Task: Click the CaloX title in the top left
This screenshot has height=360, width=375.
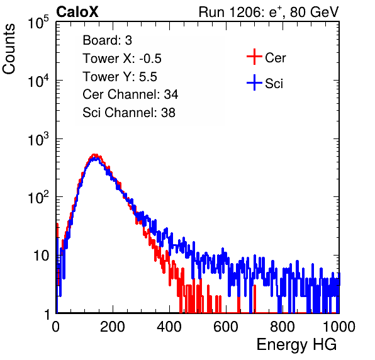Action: pos(77,12)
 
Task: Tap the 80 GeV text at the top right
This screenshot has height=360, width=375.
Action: pos(314,12)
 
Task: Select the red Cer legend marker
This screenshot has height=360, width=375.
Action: pos(254,57)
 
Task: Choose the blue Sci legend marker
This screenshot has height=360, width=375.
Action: pos(254,82)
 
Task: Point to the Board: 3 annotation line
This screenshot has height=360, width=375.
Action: pos(107,40)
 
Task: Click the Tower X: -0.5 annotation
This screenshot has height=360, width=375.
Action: pos(122,59)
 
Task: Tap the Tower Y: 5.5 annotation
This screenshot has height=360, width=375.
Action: pos(120,77)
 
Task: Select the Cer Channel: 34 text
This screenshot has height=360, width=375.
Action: pos(130,94)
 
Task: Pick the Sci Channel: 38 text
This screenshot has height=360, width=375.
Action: pos(129,113)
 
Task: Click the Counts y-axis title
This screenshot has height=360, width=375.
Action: pos(9,48)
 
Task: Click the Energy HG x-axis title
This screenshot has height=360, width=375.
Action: pos(296,345)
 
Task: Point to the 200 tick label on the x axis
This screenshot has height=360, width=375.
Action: pos(113,327)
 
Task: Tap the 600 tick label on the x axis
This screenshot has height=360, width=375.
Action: pos(226,327)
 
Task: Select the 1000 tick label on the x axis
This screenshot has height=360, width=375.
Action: pos(339,327)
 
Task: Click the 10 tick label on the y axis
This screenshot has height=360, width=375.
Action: pos(42,256)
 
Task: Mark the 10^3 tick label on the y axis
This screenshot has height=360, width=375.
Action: pos(38,138)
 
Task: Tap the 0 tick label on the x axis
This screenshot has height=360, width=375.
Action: pos(56,327)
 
